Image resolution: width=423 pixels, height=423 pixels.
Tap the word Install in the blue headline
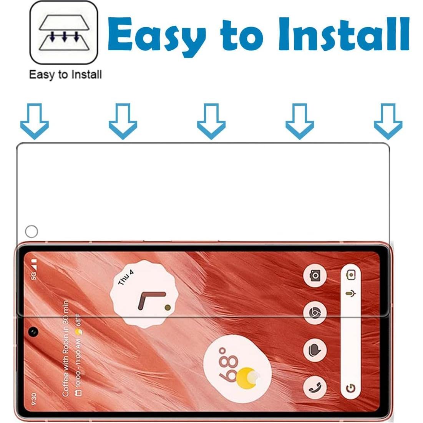(343, 34)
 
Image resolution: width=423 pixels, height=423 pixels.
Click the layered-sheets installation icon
(64, 32)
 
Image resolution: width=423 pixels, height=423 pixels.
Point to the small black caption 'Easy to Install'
(65, 75)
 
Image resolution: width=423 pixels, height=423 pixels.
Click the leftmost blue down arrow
(35, 121)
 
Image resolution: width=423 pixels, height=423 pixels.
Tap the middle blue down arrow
(211, 121)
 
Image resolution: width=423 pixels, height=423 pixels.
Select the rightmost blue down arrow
(388, 121)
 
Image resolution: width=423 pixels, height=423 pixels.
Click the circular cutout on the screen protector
(31, 231)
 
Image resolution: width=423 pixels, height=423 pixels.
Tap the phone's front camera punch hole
(33, 332)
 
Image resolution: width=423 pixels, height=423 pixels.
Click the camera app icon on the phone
(315, 276)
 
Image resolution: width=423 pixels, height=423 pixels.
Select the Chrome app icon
(315, 313)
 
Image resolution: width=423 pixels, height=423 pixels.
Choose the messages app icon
(315, 350)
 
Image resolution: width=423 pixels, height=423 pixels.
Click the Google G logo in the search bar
(350, 388)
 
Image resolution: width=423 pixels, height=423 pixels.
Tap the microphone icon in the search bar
(351, 293)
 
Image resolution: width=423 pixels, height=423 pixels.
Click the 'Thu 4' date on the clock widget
(126, 277)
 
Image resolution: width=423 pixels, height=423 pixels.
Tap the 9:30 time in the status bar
(34, 399)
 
